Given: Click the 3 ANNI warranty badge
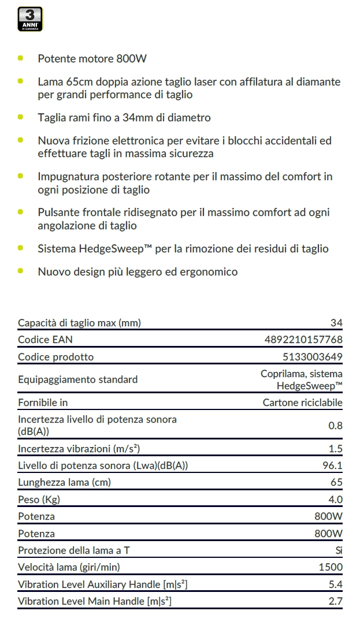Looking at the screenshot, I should tap(31, 19).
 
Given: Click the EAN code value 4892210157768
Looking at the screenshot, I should tap(303, 340).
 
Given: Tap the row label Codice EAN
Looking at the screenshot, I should tap(46, 340).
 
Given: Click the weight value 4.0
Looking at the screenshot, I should tap(335, 500).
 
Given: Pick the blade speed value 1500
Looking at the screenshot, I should tap(331, 567).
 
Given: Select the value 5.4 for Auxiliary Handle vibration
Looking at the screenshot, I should tap(335, 584).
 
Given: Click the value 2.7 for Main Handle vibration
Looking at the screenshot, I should tap(335, 602).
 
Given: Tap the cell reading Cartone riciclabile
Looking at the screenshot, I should tap(302, 403).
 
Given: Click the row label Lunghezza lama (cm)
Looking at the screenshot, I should tap(64, 482).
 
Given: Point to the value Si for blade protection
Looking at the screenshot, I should tap(339, 550).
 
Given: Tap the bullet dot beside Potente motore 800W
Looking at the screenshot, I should tap(21, 58).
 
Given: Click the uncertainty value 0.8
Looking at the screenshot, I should tap(335, 426).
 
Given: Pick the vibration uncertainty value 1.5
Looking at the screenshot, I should tap(335, 449).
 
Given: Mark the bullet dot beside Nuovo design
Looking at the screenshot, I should tap(21, 271).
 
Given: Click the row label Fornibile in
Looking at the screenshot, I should tap(43, 403).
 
